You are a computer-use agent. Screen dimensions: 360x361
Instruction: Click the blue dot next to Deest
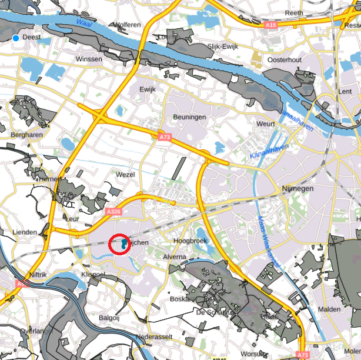pyautogui.click(x=15, y=38)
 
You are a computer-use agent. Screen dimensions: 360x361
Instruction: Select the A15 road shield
pyautogui.click(x=270, y=25)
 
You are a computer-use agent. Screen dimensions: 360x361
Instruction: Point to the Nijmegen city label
pyautogui.click(x=298, y=189)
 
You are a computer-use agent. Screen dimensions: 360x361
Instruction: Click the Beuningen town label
pyautogui.click(x=189, y=117)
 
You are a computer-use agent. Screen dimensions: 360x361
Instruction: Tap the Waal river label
pyautogui.click(x=85, y=24)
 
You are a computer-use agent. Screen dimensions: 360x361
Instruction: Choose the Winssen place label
pyautogui.click(x=89, y=59)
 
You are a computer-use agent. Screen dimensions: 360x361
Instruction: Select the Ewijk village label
pyautogui.click(x=147, y=89)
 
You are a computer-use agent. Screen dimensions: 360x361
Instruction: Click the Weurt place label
pyautogui.click(x=266, y=124)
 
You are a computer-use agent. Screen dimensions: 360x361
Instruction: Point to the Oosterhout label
pyautogui.click(x=285, y=60)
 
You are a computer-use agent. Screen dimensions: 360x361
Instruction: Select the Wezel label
pyautogui.click(x=126, y=175)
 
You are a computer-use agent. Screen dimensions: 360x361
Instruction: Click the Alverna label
pyautogui.click(x=174, y=257)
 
